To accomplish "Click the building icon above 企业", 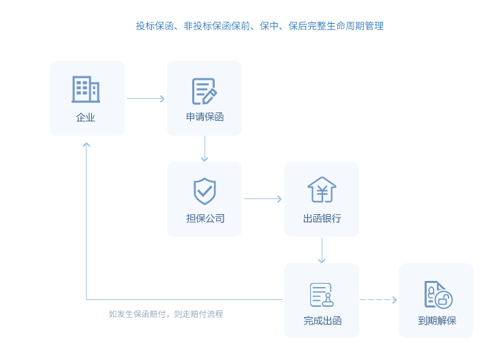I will click(86, 89).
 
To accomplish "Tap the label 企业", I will click(86, 117).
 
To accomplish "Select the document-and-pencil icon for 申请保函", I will click(204, 91).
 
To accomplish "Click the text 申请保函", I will click(204, 117).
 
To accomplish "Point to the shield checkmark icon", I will click(204, 191).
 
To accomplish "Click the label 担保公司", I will click(204, 219).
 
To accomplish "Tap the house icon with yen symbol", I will click(322, 190).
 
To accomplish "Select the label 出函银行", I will click(322, 219).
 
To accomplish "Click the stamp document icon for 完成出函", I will click(322, 295).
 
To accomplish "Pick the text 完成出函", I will click(322, 320).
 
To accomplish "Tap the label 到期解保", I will click(437, 320).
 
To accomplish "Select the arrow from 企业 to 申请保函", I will click(146, 99).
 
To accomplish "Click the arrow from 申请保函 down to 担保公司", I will click(204, 149).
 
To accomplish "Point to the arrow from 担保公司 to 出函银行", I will click(263, 199).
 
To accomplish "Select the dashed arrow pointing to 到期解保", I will click(378, 299).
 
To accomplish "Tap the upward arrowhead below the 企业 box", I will click(87, 146).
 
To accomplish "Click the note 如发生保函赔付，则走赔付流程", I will click(166, 314).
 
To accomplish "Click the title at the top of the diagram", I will click(260, 26).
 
